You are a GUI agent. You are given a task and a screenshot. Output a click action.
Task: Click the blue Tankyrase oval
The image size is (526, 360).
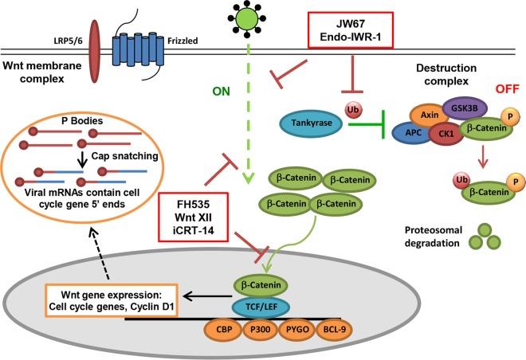[311, 123]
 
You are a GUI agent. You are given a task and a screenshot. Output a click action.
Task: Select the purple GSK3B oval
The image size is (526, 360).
[465, 108]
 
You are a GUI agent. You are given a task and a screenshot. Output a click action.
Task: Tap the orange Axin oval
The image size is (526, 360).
[430, 115]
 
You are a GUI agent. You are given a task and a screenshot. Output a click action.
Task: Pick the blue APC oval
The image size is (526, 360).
[414, 133]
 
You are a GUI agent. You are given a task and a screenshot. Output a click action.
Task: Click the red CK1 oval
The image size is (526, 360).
[446, 134]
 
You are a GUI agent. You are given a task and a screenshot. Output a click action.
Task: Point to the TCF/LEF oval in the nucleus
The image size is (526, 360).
[261, 306]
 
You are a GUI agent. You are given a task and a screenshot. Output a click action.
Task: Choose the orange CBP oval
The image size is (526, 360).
[224, 329]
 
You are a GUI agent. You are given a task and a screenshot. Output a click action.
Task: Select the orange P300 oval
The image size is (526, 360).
[261, 329]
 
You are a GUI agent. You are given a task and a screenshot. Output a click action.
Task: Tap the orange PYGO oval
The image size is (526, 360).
[297, 329]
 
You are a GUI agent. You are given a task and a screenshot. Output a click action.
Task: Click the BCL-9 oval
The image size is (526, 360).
[334, 329]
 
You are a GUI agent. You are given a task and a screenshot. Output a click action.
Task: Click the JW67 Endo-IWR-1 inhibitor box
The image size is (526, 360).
[351, 30]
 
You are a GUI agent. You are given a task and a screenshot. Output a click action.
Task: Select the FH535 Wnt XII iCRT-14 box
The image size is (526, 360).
[193, 217]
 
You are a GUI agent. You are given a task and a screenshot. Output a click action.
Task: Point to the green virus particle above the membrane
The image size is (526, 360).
[246, 18]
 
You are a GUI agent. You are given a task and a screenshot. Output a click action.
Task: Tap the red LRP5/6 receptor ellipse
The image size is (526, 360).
[96, 51]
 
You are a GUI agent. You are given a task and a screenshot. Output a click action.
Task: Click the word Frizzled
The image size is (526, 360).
[183, 41]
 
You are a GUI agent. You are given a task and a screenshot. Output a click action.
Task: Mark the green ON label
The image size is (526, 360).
[221, 91]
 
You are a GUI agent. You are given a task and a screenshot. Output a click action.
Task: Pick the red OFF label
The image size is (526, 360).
[507, 89]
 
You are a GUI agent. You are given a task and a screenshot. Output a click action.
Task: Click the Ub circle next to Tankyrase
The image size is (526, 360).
[352, 110]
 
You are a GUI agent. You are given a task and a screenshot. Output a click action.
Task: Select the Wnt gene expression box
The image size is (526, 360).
[111, 301]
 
